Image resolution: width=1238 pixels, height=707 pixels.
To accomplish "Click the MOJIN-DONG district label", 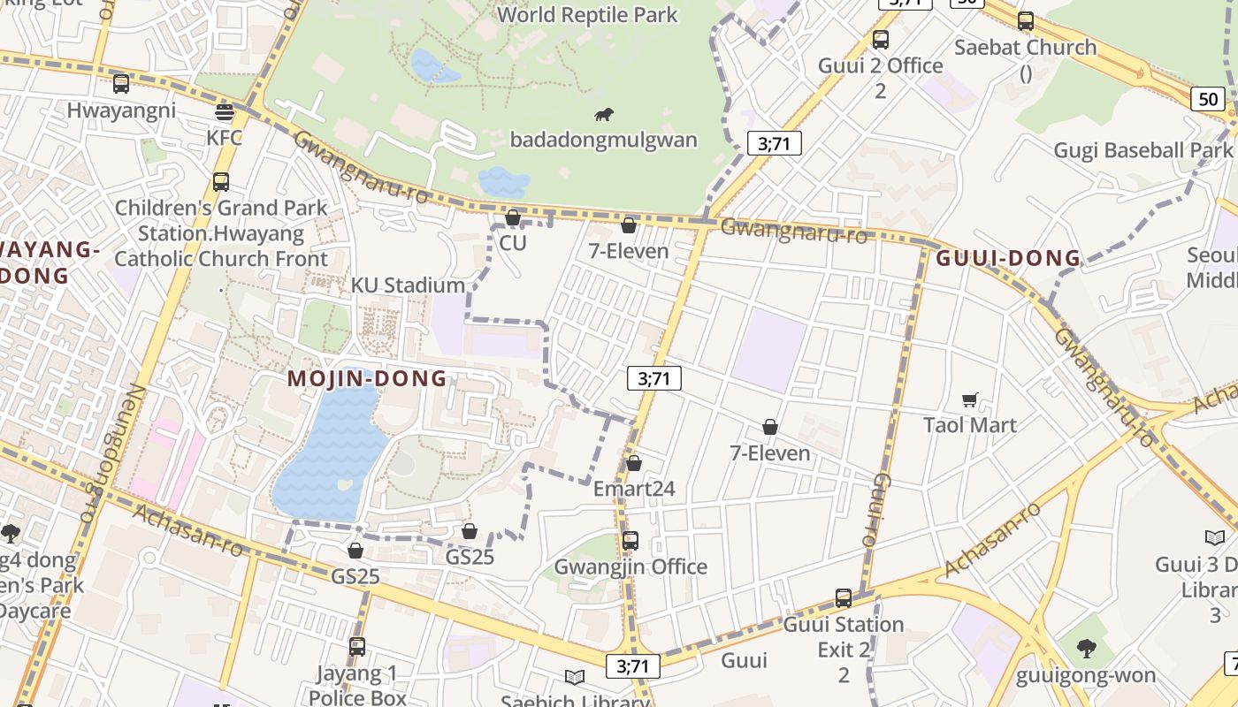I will pyautogui.click(x=367, y=379).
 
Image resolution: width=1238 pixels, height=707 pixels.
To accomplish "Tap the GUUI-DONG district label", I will pyautogui.click(x=1008, y=258).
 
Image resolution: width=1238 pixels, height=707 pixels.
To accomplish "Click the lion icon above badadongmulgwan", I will pyautogui.click(x=604, y=115).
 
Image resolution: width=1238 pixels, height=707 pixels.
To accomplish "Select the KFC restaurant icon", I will pyautogui.click(x=225, y=112).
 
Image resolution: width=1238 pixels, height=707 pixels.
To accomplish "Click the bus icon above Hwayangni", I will pyautogui.click(x=121, y=84).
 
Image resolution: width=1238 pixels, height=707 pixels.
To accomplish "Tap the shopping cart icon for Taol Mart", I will pyautogui.click(x=970, y=399).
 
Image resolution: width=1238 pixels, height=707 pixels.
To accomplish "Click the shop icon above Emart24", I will pyautogui.click(x=633, y=463).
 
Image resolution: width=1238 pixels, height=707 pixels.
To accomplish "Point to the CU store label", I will pyautogui.click(x=513, y=242).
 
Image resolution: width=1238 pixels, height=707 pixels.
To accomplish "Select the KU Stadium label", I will pyautogui.click(x=408, y=285).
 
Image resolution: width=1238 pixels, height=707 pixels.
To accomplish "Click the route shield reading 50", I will pyautogui.click(x=1208, y=98).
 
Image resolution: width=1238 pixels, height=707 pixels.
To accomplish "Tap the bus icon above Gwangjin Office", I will pyautogui.click(x=630, y=540).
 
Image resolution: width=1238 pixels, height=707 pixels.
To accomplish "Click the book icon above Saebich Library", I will pyautogui.click(x=575, y=678).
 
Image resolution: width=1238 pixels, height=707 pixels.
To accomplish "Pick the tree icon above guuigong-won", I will pyautogui.click(x=1086, y=650).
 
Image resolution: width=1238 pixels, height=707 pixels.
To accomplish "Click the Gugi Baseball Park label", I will pyautogui.click(x=1142, y=150).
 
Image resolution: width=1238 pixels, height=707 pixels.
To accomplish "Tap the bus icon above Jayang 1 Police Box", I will pyautogui.click(x=357, y=647).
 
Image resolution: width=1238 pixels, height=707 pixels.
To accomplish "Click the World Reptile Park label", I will pyautogui.click(x=587, y=15).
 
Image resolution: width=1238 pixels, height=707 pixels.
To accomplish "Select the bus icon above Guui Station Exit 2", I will pyautogui.click(x=844, y=598).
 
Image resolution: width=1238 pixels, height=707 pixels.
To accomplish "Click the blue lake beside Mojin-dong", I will pyautogui.click(x=332, y=451).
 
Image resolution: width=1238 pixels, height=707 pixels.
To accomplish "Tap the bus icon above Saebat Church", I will pyautogui.click(x=1026, y=21).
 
